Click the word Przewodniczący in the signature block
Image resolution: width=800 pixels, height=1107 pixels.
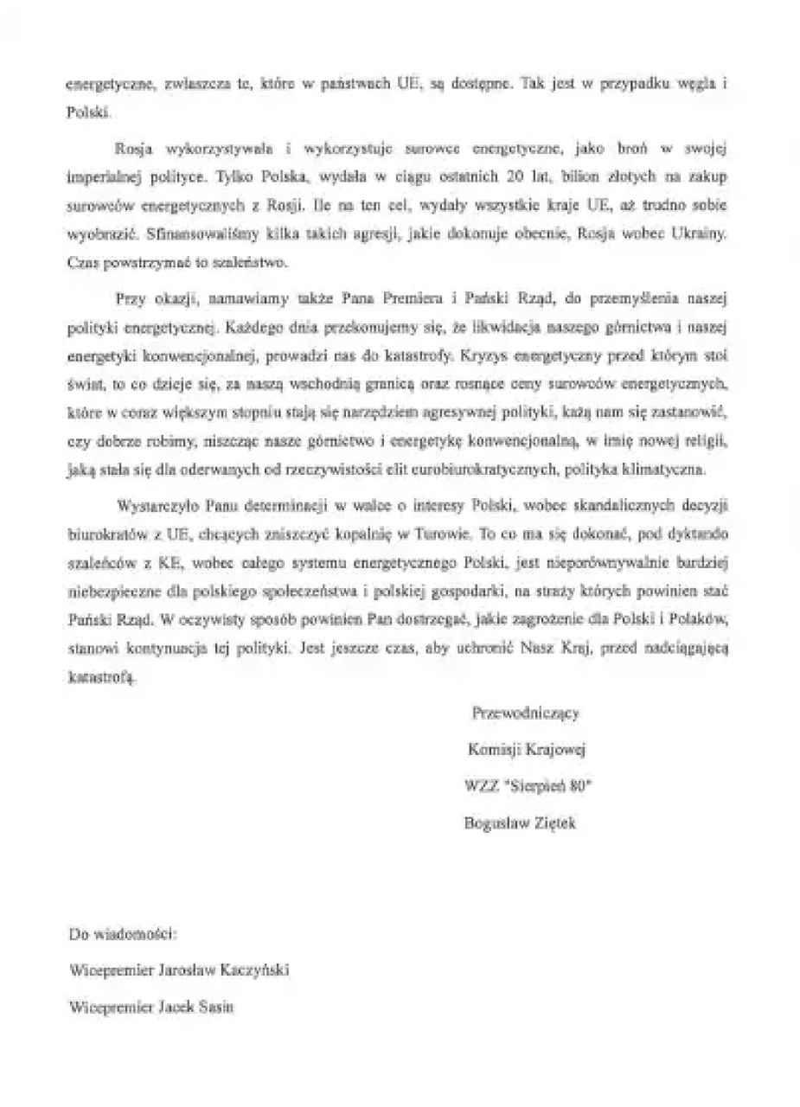pos(525,713)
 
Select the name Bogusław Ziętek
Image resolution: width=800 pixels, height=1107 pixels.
pos(520,823)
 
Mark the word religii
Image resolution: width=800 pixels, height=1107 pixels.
pos(707,442)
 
